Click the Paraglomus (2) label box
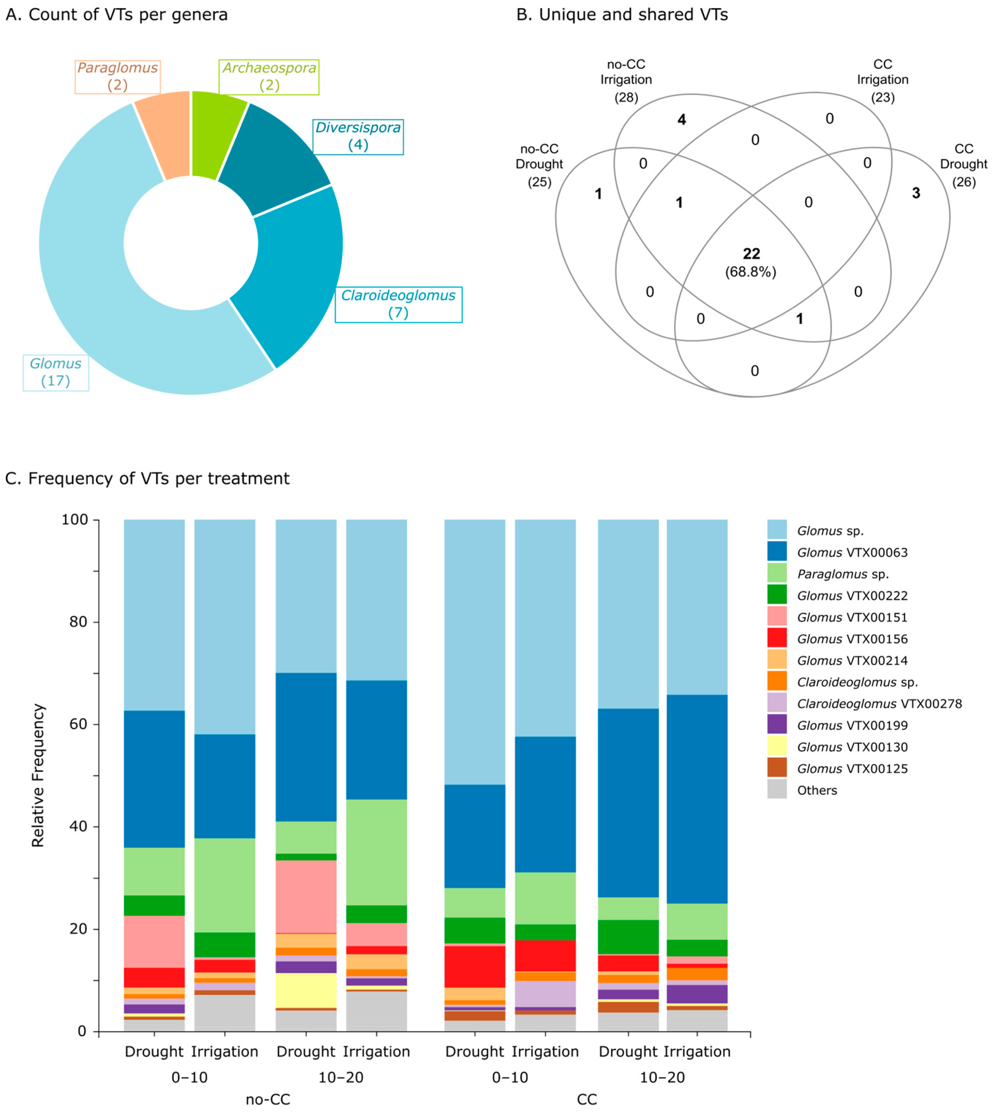117,76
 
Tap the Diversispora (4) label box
358,137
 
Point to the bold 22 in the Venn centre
752,254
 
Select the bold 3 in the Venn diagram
916,193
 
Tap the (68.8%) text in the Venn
750,272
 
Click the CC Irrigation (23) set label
883,80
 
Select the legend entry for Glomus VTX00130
852,747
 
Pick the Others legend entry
817,790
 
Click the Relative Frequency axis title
38,775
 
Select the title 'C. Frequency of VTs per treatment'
147,478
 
